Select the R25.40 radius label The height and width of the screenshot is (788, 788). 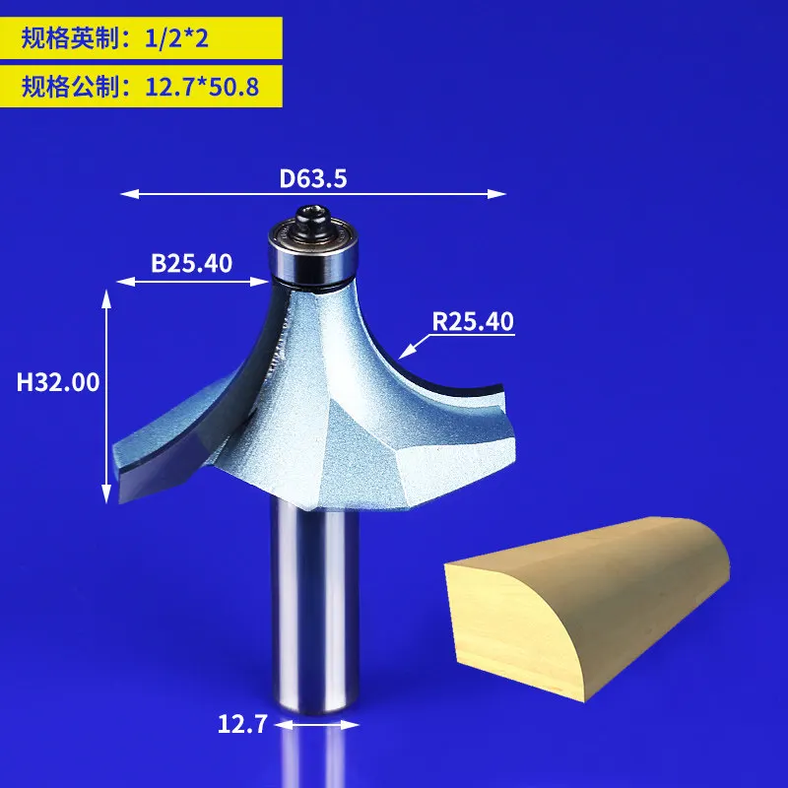(473, 321)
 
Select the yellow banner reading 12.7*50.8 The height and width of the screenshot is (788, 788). (141, 88)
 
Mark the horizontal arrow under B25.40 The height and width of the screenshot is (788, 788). (193, 283)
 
